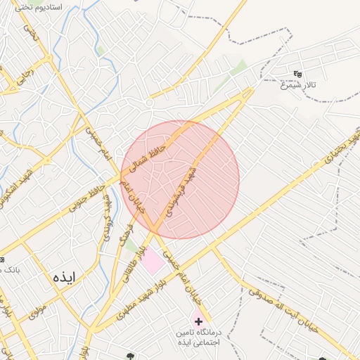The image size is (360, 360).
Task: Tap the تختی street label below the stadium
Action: click(x=30, y=32)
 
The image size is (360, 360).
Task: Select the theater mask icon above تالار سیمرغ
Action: click(x=297, y=73)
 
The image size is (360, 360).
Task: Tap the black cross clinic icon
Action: click(x=198, y=321)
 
